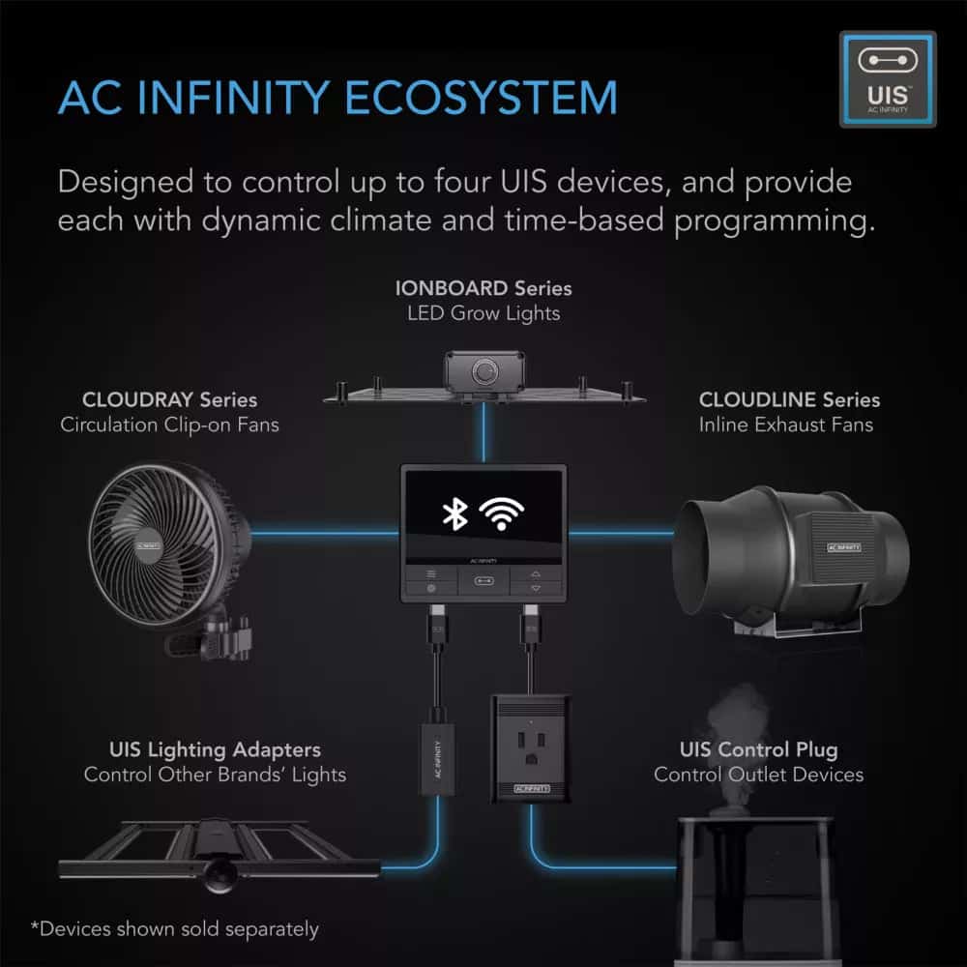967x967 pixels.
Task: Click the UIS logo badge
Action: (x=887, y=79)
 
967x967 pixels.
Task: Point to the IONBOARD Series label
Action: (x=483, y=288)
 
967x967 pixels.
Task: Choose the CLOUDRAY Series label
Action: (x=170, y=399)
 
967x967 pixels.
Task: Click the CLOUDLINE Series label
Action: (x=789, y=399)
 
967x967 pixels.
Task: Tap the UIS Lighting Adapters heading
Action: (x=216, y=749)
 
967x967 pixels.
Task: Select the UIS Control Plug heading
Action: (x=758, y=749)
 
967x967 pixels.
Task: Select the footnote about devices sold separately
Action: (x=174, y=929)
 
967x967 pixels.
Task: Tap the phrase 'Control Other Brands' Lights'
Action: (x=215, y=775)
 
